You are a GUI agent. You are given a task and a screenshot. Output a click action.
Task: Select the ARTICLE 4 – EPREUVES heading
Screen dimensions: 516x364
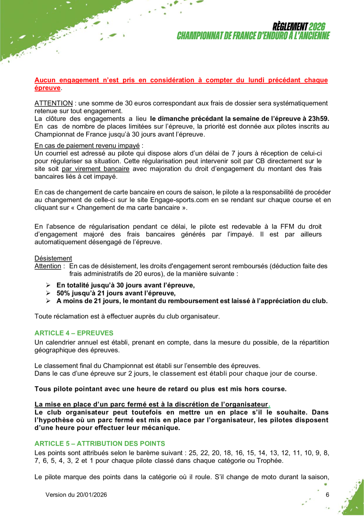tap(74, 332)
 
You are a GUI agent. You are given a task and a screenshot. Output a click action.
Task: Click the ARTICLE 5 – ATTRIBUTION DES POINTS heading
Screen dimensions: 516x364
tap(99, 443)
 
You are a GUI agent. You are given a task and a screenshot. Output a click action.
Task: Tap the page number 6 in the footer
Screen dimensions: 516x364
tap(327, 495)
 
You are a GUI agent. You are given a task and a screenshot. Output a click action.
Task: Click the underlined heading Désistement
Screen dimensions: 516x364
tap(53, 258)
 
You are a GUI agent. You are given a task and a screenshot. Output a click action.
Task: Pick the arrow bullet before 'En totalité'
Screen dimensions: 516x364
tap(48, 285)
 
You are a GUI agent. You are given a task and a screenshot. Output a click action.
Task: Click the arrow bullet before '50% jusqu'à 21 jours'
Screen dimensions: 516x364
tap(48, 293)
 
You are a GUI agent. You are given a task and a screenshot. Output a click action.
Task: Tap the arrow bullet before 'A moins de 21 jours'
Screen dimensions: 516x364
tap(48, 301)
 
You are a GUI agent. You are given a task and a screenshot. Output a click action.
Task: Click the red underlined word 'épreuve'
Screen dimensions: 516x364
tap(48, 88)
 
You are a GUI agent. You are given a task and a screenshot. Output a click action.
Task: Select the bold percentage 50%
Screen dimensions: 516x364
tap(63, 293)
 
